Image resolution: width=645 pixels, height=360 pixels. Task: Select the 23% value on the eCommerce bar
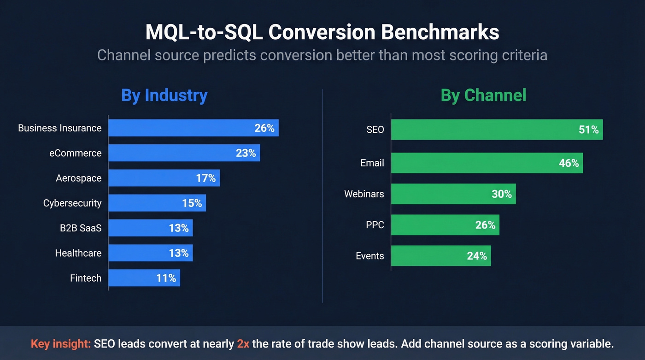[x=246, y=153]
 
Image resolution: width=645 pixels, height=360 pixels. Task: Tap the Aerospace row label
[x=78, y=178]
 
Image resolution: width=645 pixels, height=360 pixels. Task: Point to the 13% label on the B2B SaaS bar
[x=178, y=228]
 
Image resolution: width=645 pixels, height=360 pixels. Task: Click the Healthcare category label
[x=78, y=253]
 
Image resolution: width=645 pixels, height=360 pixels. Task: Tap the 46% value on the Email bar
[x=569, y=163]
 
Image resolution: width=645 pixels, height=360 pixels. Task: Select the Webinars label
[x=364, y=194]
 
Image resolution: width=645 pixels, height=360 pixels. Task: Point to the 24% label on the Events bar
[x=477, y=256]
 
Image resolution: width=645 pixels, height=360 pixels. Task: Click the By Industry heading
[x=164, y=95]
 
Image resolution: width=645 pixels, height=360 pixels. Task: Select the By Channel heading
[x=483, y=95]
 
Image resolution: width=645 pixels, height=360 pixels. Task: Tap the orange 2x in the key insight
[x=243, y=344]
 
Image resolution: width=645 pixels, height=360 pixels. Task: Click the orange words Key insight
[x=60, y=344]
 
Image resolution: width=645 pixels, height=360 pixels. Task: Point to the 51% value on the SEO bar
[x=588, y=130]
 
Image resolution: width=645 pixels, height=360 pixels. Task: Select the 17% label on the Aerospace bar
[x=205, y=178]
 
